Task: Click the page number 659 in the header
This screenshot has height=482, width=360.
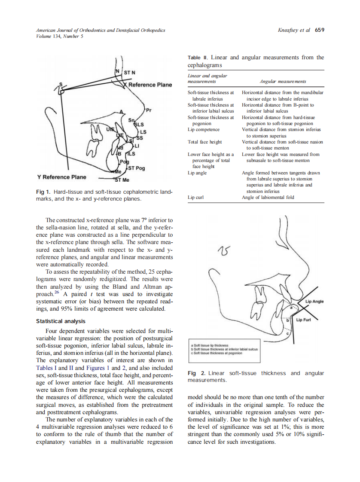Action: tap(320, 30)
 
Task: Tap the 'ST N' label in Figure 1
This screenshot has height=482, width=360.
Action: tap(130, 72)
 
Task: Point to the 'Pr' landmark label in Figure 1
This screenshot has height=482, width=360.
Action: tap(149, 110)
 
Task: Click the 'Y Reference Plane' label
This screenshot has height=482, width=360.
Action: tap(61, 177)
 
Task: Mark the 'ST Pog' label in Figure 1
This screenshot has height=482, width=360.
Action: tap(137, 168)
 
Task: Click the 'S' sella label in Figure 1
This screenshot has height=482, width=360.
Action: tap(61, 84)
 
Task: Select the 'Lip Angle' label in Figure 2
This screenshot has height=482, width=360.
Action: tap(314, 302)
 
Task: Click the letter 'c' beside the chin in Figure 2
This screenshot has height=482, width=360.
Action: tap(288, 333)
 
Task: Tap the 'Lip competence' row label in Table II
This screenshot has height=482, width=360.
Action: tap(204, 129)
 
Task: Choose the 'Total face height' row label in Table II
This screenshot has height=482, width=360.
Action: tap(205, 142)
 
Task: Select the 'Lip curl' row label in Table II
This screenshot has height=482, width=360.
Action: tap(196, 198)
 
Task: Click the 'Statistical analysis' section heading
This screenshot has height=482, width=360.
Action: tap(61, 321)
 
